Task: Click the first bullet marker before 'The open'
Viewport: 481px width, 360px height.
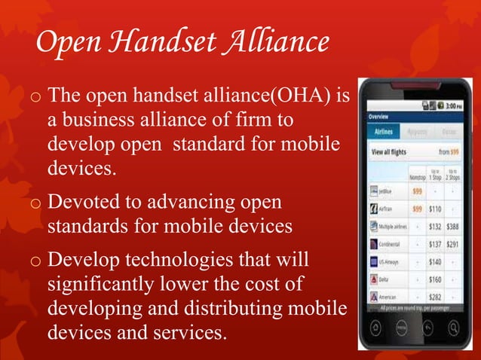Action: (35, 98)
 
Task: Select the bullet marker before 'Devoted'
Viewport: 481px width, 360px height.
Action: (35, 204)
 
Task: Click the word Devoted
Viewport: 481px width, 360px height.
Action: (84, 203)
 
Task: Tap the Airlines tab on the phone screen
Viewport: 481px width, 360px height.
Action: (383, 131)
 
